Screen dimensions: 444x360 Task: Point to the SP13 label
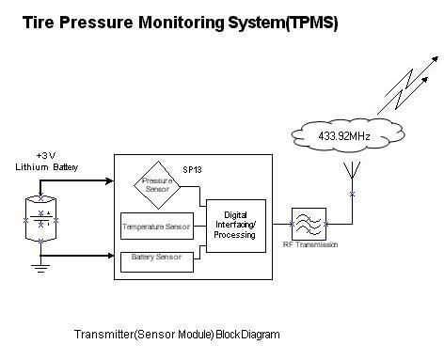pos(192,170)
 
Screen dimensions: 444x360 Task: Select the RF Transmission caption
pos(310,244)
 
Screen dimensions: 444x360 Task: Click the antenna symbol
pos(352,170)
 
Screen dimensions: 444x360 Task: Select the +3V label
pos(46,155)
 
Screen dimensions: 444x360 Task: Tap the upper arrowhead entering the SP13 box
pos(110,180)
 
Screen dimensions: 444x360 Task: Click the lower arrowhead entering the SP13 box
pos(110,256)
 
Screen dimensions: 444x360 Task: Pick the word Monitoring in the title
pos(182,23)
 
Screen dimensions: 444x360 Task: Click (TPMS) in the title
pos(311,23)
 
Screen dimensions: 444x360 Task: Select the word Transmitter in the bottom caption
pos(103,335)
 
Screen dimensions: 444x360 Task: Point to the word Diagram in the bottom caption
pos(260,335)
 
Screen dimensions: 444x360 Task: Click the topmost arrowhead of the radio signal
pos(436,58)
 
